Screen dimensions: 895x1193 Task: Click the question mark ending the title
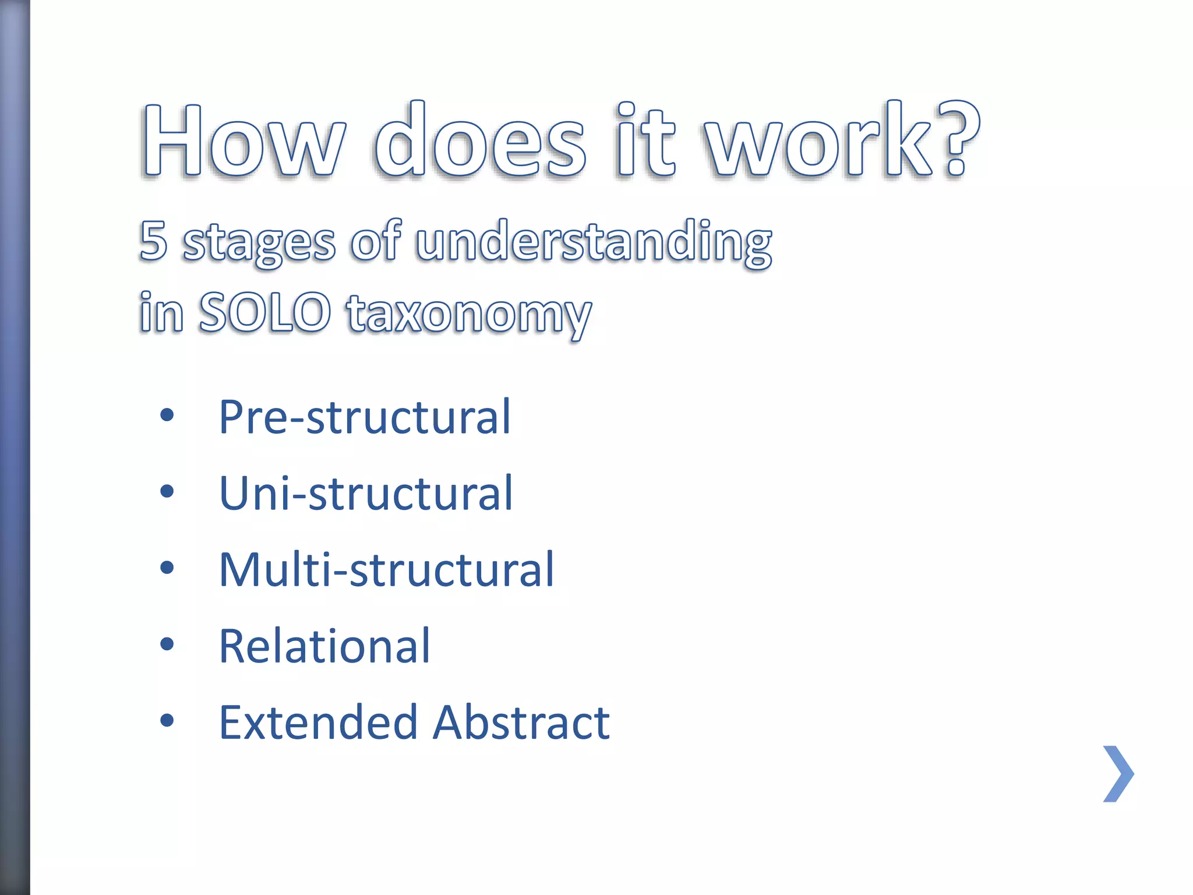[x=958, y=140]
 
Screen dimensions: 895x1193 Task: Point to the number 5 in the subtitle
[x=153, y=241]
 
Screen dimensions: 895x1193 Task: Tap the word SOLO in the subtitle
[x=265, y=313]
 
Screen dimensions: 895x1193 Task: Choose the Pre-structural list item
[x=365, y=417]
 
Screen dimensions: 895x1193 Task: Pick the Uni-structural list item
[x=366, y=494]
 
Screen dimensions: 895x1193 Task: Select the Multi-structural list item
[x=386, y=569]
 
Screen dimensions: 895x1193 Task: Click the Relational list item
[x=324, y=646]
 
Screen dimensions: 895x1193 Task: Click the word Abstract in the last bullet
[x=521, y=723]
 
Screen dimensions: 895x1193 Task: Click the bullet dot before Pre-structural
[x=167, y=415]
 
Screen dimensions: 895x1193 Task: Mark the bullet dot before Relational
[x=167, y=644]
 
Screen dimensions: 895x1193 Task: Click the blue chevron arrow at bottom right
[x=1118, y=774]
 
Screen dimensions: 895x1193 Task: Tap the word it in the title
[x=645, y=140]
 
